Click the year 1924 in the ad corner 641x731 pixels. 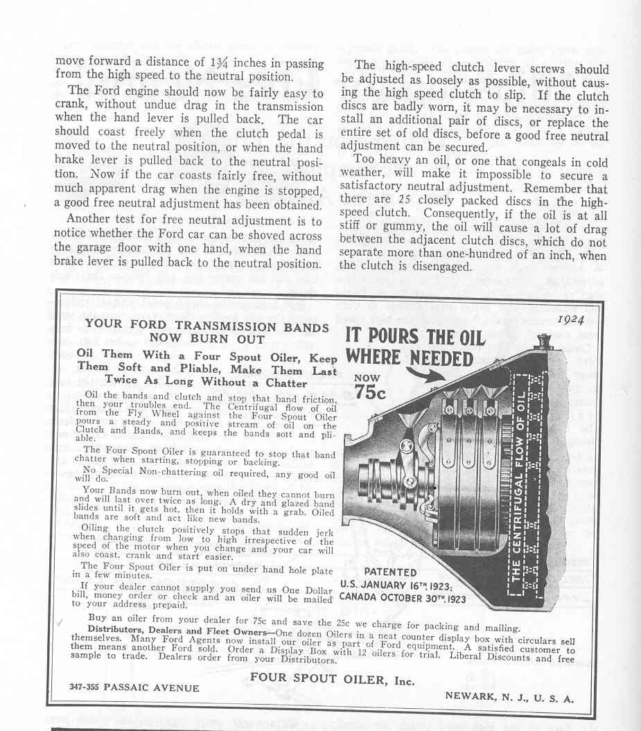tap(570, 319)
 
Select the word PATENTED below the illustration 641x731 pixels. tap(390, 572)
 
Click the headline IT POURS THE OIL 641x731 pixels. tap(415, 338)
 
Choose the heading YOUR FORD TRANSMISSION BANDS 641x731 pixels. tap(207, 326)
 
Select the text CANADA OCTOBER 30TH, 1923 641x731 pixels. tap(403, 599)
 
